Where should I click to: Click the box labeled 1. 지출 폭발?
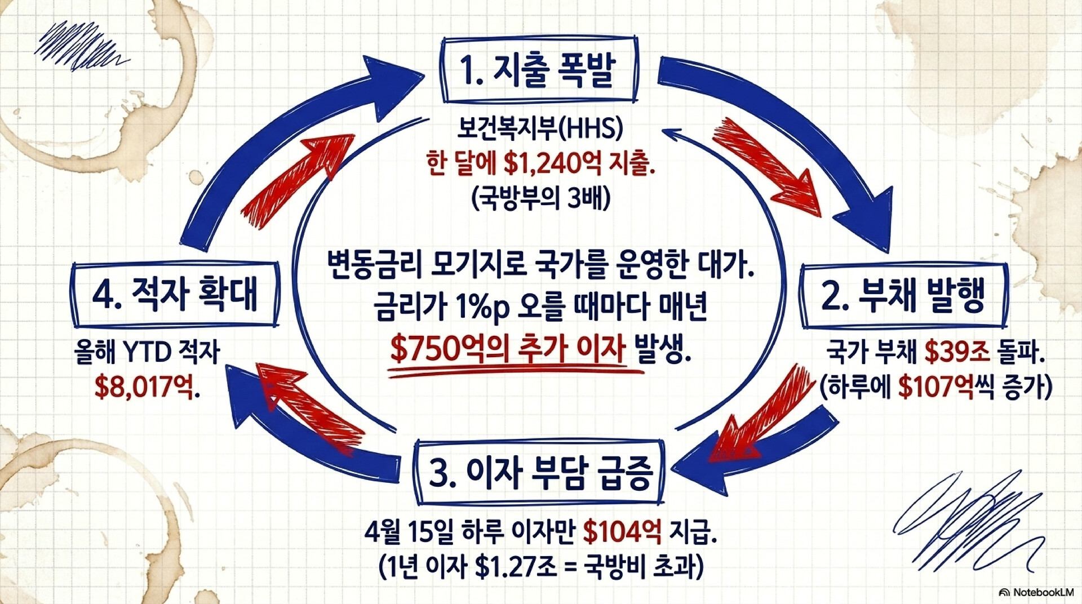tap(540, 70)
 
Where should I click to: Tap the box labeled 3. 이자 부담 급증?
tap(540, 472)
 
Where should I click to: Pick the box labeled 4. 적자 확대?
tap(175, 294)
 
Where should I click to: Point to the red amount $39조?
tap(957, 352)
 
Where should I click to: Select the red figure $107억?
tap(935, 388)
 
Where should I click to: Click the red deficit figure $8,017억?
tap(145, 388)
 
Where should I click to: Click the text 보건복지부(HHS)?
tap(539, 129)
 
